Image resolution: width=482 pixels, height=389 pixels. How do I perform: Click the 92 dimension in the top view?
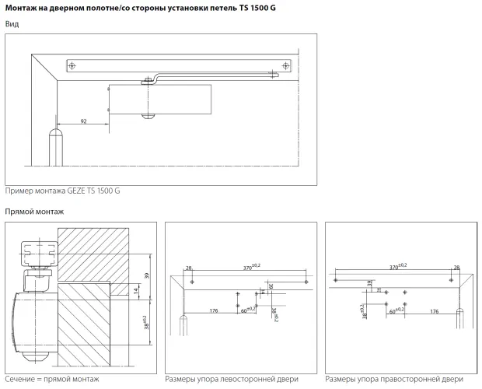tap(83, 121)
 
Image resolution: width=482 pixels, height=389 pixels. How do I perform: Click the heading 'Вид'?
tap(12, 24)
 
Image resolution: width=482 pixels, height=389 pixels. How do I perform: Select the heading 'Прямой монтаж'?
tap(33, 212)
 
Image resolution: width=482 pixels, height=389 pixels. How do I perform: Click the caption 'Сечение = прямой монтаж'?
tap(53, 379)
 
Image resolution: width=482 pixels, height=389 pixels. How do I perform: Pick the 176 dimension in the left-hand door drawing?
tap(213, 310)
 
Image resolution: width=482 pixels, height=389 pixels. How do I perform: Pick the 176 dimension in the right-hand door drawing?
tap(435, 310)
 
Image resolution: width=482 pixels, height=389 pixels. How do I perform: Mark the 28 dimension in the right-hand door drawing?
tap(456, 268)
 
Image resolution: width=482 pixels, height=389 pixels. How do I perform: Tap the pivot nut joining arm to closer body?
tap(147, 79)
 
